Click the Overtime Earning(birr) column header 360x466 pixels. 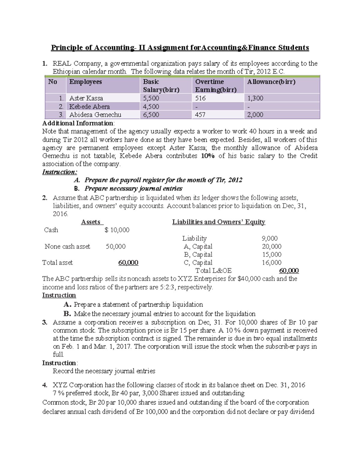216,86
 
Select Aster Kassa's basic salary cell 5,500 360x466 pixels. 151,98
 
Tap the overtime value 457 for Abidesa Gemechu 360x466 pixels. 200,115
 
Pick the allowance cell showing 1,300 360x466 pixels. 255,98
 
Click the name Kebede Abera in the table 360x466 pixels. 89,107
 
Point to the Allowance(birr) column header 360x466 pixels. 271,82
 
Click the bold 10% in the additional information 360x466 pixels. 208,156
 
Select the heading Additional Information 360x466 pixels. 78,123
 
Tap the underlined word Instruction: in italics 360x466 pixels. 59,172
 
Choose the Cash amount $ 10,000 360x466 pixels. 117,230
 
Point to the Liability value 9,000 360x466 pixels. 269,238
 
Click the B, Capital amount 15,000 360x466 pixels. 271,254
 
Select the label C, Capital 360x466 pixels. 198,263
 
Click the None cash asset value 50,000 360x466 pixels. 115,246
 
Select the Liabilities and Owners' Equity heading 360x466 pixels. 218,222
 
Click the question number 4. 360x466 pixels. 45,385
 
